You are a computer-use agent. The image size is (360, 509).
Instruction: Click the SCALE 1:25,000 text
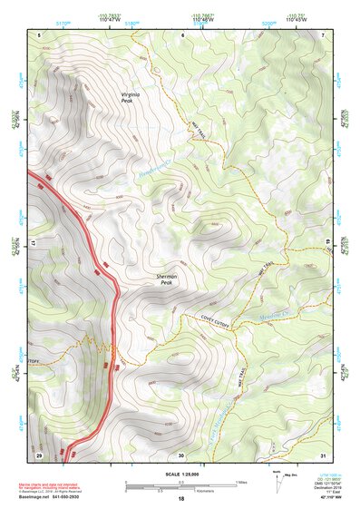tap(180, 473)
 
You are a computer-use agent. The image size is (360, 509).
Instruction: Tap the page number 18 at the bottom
tap(180, 500)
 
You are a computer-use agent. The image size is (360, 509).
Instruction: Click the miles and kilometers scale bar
tap(180, 485)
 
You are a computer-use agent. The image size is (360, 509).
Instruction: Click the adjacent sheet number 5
tap(39, 35)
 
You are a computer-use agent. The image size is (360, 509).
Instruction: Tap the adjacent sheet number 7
tap(322, 35)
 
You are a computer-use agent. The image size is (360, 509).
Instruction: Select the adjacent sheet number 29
tap(39, 455)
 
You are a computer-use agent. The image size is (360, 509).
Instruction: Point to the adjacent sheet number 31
tap(322, 455)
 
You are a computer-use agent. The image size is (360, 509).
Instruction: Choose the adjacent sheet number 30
tap(180, 455)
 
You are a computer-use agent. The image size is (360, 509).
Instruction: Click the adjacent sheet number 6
tap(180, 35)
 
